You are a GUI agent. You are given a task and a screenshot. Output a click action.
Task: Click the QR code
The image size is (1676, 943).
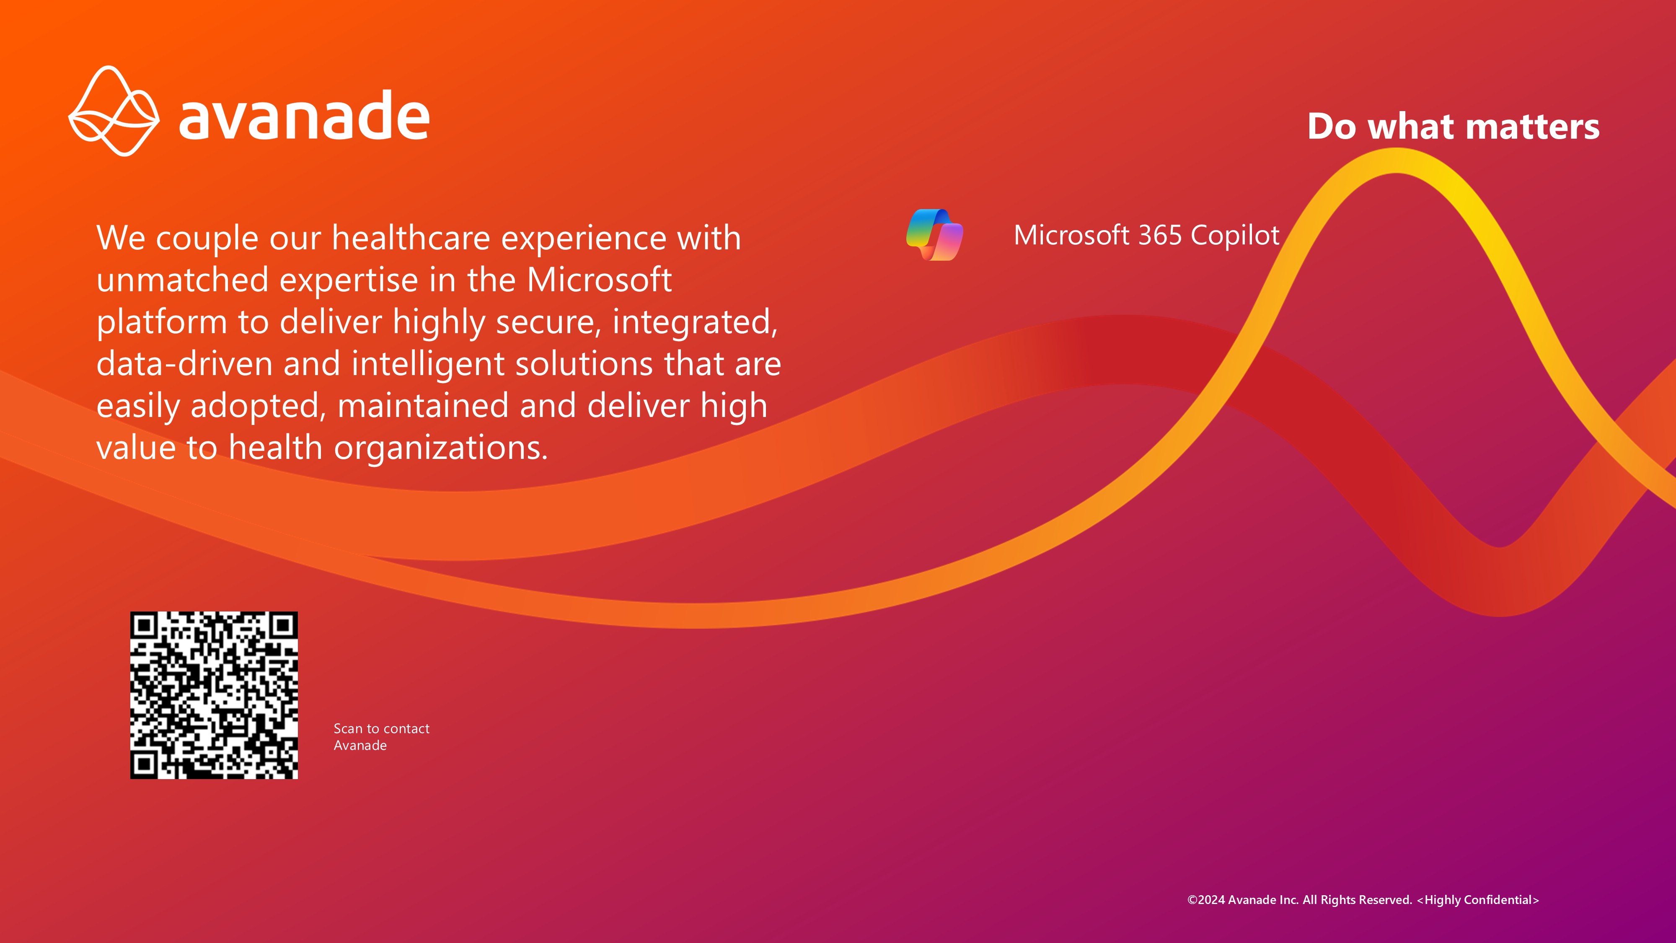214,695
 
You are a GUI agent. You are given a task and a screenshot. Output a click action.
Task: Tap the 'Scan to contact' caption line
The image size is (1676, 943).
381,728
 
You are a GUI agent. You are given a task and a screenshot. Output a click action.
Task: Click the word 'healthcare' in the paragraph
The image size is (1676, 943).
411,238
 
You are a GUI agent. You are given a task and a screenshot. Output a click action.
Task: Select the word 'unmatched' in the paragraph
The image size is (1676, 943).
182,280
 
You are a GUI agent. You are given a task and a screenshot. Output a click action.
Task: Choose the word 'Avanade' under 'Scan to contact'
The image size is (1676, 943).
360,746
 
